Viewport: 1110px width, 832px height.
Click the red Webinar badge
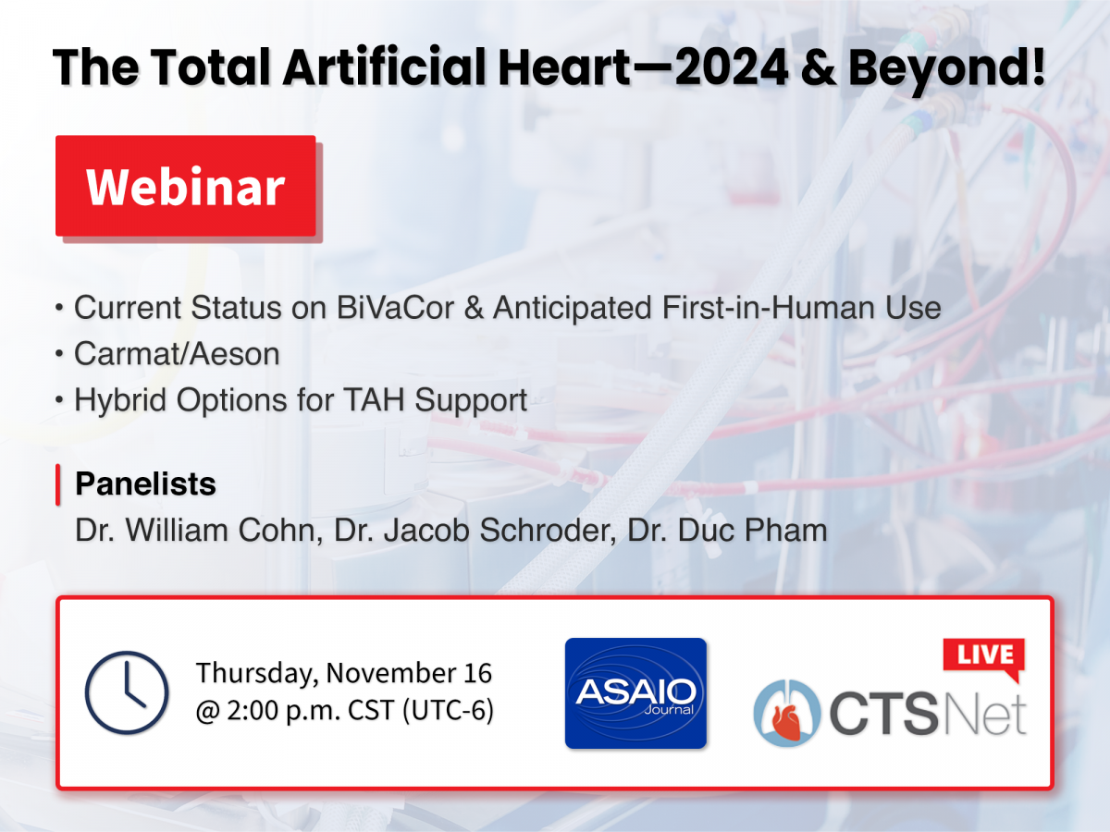point(186,186)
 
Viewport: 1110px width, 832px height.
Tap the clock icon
point(127,692)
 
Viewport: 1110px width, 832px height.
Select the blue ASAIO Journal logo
point(635,693)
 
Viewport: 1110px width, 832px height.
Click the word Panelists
point(145,483)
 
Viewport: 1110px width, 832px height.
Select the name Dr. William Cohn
point(199,531)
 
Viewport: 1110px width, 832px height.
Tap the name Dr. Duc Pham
point(727,531)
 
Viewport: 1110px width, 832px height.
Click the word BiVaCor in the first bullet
point(396,308)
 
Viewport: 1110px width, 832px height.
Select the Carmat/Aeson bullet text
point(177,354)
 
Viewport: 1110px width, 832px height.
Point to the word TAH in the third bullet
point(374,400)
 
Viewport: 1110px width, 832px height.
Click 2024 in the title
point(732,67)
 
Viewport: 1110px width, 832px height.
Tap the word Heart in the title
point(564,67)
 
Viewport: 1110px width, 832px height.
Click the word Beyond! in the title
point(946,68)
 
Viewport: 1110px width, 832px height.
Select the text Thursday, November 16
point(344,673)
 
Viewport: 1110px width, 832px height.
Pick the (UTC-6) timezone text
point(448,710)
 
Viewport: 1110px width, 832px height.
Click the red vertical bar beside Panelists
point(57,484)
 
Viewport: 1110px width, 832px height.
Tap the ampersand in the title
point(819,67)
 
